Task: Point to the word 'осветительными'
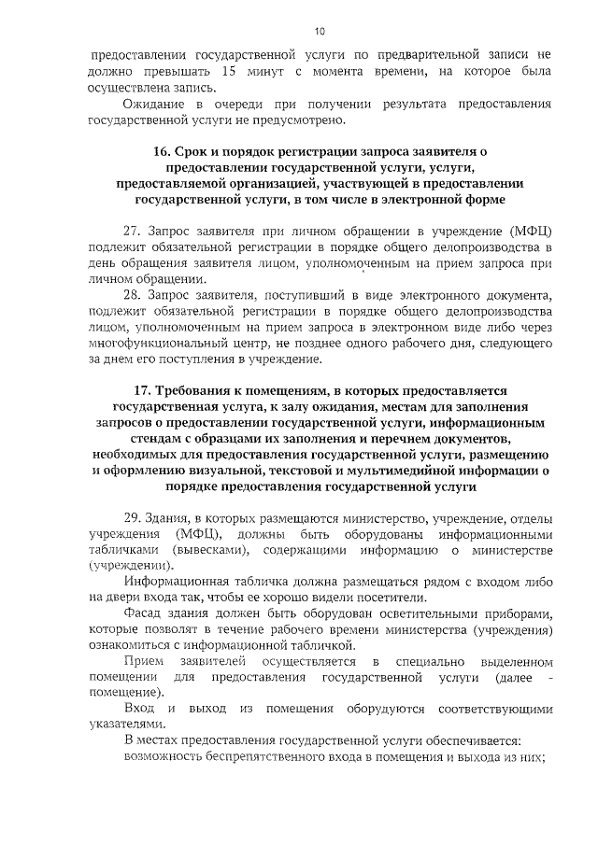(x=407, y=614)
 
